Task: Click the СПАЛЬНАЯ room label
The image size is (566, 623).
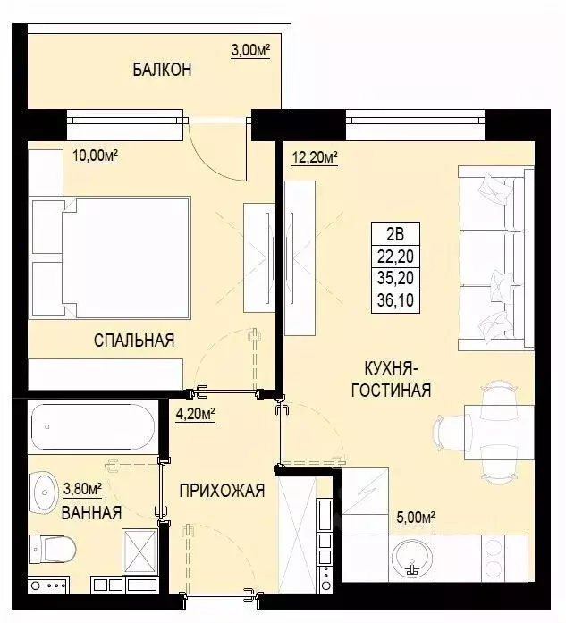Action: pyautogui.click(x=134, y=340)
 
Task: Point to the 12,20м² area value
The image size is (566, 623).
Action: pyautogui.click(x=315, y=158)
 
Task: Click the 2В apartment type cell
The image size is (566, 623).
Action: pyautogui.click(x=394, y=236)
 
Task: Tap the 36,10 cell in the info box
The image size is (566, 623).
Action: pyautogui.click(x=394, y=301)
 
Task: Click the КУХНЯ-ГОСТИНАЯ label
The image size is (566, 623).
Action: pyautogui.click(x=398, y=379)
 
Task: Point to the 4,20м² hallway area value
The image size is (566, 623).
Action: pyautogui.click(x=197, y=413)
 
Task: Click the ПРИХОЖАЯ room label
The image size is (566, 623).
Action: pyautogui.click(x=221, y=490)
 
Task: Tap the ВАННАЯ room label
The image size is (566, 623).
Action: pyautogui.click(x=91, y=513)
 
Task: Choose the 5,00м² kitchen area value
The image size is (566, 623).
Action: pyautogui.click(x=415, y=516)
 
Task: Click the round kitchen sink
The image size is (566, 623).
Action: pyautogui.click(x=412, y=555)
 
